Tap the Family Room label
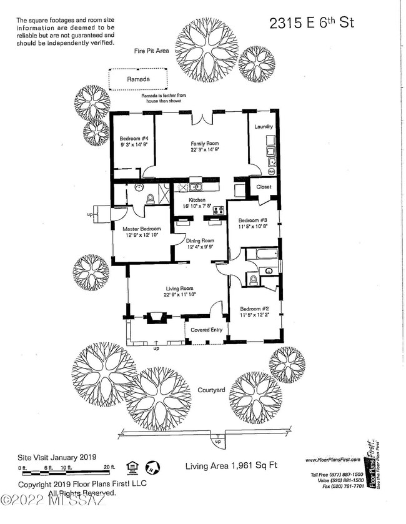(x=204, y=144)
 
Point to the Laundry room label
(x=264, y=127)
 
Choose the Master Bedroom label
(x=141, y=229)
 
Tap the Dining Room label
(x=201, y=240)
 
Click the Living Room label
(x=180, y=288)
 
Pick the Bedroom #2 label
(x=253, y=309)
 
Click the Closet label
(x=264, y=186)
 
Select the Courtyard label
(x=211, y=390)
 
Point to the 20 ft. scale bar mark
(x=110, y=468)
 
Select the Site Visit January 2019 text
(x=57, y=457)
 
